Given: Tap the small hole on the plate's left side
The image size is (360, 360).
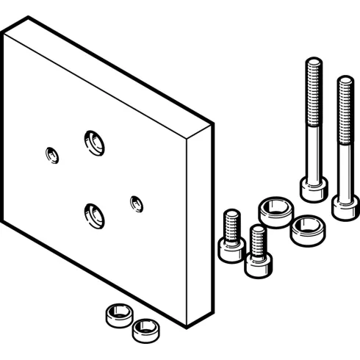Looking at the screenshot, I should (x=51, y=154).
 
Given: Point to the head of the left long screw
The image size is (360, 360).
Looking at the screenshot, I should (x=314, y=187).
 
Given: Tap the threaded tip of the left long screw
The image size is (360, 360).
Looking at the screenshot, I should (x=312, y=81).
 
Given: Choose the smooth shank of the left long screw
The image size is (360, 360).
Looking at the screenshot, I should (x=312, y=154).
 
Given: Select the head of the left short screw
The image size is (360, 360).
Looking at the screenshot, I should (x=231, y=248).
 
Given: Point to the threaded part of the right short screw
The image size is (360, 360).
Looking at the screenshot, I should (x=257, y=238).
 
